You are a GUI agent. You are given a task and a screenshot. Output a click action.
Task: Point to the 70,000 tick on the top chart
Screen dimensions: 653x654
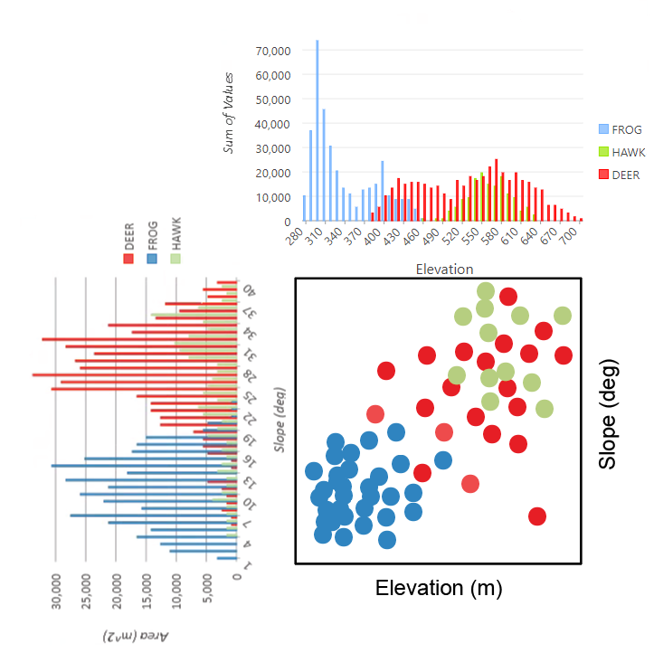pyautogui.click(x=273, y=51)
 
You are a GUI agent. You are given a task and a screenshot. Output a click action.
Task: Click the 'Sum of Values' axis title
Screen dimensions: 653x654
pyautogui.click(x=230, y=113)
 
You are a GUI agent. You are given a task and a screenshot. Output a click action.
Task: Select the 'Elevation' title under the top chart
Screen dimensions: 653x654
pyautogui.click(x=443, y=269)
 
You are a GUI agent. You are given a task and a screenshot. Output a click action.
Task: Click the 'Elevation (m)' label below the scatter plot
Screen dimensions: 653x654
pyautogui.click(x=439, y=588)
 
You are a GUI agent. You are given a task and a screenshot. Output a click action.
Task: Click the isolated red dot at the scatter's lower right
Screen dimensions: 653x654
pyautogui.click(x=537, y=516)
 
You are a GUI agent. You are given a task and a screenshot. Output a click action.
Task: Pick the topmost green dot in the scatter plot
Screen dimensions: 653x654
pyautogui.click(x=486, y=290)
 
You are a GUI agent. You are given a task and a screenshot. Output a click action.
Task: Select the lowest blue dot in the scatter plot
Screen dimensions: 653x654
pyautogui.click(x=387, y=540)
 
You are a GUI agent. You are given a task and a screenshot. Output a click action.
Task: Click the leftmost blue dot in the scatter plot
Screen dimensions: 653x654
pyautogui.click(x=314, y=471)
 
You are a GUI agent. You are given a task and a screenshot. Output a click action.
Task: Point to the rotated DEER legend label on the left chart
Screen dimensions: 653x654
pyautogui.click(x=128, y=241)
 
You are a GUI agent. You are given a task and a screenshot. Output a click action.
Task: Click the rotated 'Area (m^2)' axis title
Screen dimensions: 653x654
pyautogui.click(x=140, y=633)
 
